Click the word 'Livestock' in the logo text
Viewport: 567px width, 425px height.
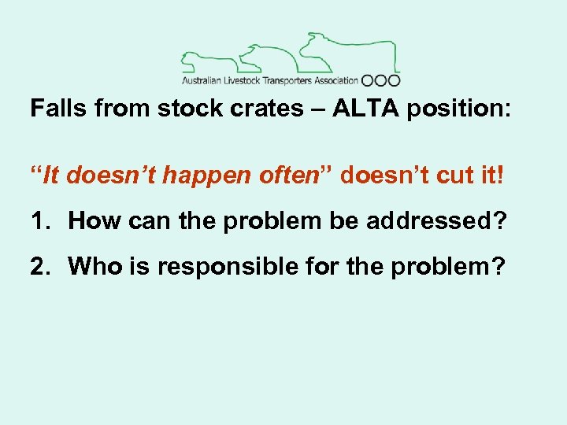point(243,80)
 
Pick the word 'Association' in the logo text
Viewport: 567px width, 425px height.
point(337,80)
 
